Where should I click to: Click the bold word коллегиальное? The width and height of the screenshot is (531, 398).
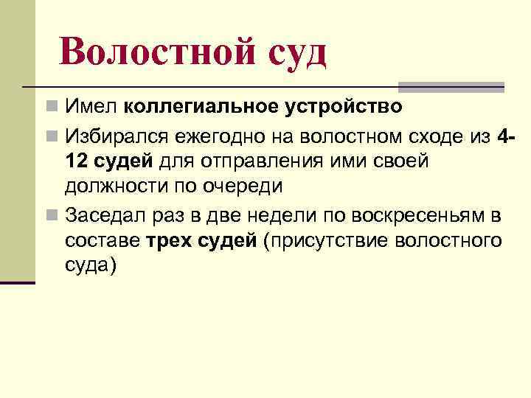[198, 108]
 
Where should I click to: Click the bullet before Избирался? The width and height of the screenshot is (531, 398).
[50, 136]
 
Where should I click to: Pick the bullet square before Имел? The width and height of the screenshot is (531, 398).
[50, 108]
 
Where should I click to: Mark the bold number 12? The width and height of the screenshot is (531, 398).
[77, 161]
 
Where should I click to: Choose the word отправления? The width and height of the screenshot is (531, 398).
[246, 161]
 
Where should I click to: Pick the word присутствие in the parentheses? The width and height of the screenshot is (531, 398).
[328, 241]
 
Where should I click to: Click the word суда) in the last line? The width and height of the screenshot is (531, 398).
[91, 266]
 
